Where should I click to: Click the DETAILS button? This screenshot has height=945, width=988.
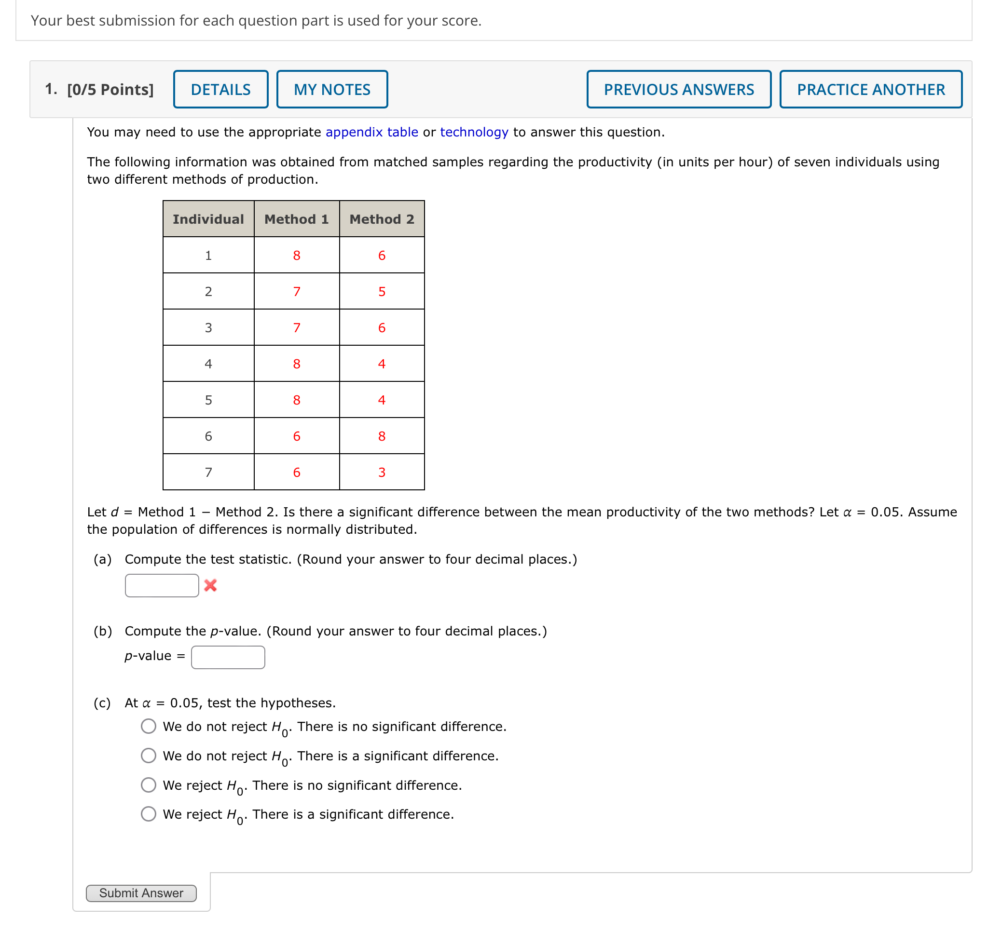(220, 89)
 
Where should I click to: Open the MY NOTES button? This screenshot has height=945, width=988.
(332, 89)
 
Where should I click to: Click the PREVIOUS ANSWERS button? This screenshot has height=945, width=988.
(678, 89)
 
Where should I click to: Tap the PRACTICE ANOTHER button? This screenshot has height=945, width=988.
(871, 89)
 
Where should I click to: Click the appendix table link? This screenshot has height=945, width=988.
(371, 132)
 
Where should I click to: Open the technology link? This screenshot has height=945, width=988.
(474, 132)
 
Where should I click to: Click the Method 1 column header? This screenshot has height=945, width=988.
(296, 219)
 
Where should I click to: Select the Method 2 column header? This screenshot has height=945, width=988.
(382, 219)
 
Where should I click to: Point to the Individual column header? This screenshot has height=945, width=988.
(208, 219)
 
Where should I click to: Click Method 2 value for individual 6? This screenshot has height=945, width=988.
(382, 436)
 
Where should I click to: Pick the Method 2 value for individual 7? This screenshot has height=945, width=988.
(382, 472)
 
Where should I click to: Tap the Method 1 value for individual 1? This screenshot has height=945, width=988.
(296, 256)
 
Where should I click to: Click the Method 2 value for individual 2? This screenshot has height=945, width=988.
(382, 292)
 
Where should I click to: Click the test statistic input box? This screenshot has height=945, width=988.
(162, 585)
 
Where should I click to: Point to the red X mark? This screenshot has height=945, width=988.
(210, 585)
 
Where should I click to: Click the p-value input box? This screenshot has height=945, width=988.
(228, 657)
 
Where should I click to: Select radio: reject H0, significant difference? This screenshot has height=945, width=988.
(148, 814)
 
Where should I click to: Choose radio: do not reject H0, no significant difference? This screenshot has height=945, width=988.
(148, 726)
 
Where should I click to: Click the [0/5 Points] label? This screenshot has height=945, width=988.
(110, 89)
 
